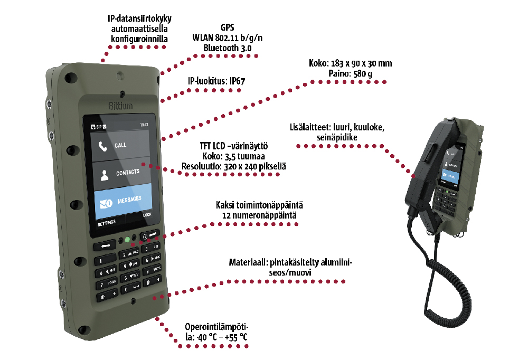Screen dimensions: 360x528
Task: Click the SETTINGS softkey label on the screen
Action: tap(106, 222)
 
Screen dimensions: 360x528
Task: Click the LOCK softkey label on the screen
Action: tap(147, 215)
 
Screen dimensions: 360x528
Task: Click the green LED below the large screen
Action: tap(127, 240)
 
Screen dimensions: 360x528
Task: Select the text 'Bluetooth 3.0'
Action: tap(228, 48)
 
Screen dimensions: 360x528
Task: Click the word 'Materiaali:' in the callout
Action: tap(248, 262)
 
